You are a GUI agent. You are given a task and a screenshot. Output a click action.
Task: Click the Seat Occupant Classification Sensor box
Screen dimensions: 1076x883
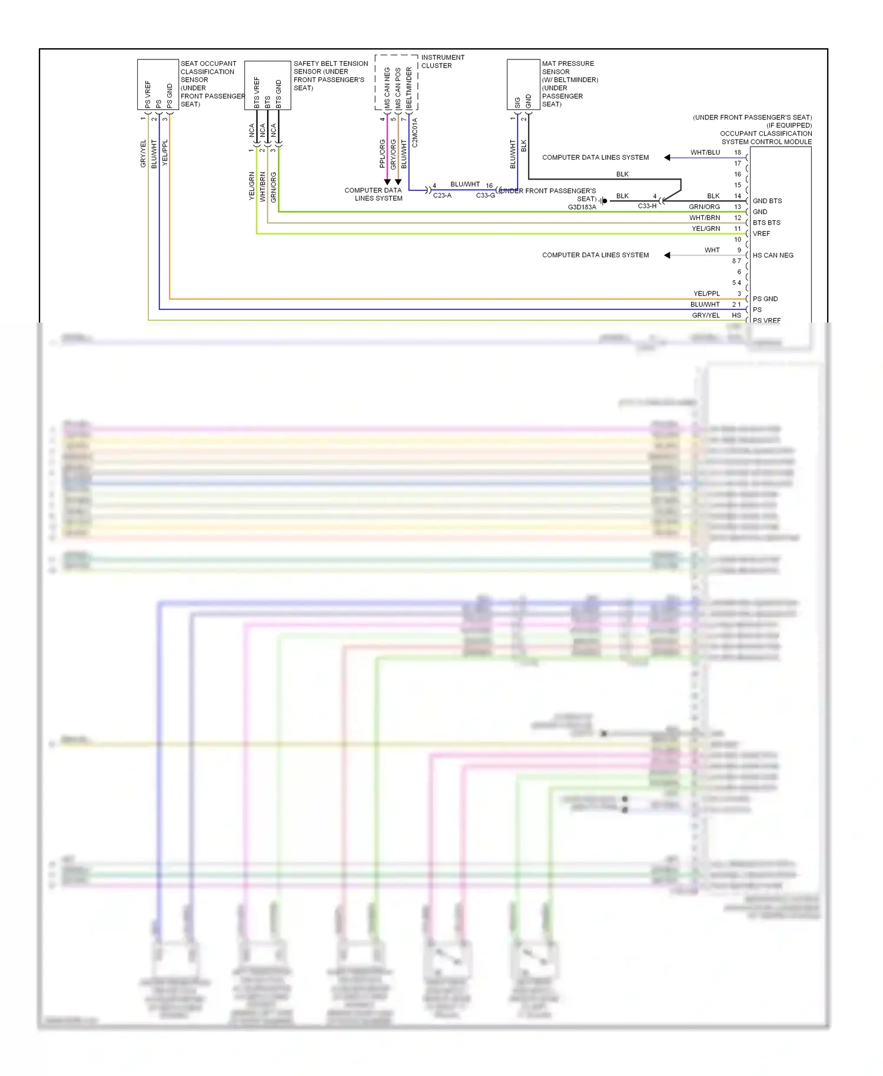pyautogui.click(x=158, y=84)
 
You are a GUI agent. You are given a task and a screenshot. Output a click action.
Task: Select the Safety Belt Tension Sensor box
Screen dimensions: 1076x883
pyautogui.click(x=267, y=85)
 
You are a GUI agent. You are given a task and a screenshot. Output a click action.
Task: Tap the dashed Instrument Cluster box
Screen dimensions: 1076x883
pyautogui.click(x=396, y=82)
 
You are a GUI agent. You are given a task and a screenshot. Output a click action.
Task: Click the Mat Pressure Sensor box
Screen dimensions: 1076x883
pyautogui.click(x=523, y=84)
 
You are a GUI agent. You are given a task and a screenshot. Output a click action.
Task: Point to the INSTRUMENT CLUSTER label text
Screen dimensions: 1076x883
pyautogui.click(x=442, y=61)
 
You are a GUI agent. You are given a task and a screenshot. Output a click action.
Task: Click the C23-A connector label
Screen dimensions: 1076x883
pyautogui.click(x=442, y=195)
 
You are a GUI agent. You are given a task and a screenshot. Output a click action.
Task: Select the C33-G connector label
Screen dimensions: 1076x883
pyautogui.click(x=485, y=195)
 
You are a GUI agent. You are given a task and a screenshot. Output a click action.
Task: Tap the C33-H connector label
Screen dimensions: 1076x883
pyautogui.click(x=647, y=206)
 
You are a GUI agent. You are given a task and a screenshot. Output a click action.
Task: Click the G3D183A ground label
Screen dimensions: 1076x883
pyautogui.click(x=582, y=207)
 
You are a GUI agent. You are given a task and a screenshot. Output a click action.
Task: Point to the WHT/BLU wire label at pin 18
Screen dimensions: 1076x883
pyautogui.click(x=705, y=152)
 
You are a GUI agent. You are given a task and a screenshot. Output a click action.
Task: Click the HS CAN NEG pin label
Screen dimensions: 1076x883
pyautogui.click(x=772, y=255)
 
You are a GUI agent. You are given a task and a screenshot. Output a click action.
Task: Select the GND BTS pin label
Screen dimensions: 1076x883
pyautogui.click(x=767, y=201)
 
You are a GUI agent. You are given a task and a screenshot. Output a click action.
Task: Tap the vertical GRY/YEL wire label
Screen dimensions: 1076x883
pyautogui.click(x=143, y=154)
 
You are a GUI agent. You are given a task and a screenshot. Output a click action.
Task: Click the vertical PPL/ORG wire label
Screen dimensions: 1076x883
pyautogui.click(x=383, y=154)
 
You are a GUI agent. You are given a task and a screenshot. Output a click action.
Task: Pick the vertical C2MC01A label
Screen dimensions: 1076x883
pyautogui.click(x=415, y=132)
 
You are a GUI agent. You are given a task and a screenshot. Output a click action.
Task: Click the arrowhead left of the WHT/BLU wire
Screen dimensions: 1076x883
pyautogui.click(x=667, y=157)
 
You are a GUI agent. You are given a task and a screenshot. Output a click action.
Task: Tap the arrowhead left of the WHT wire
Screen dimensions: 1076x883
pyautogui.click(x=667, y=255)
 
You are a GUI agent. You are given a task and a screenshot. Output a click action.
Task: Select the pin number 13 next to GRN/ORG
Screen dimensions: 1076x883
pyautogui.click(x=737, y=207)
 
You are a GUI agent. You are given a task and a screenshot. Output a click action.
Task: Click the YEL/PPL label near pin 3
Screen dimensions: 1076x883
pyautogui.click(x=706, y=294)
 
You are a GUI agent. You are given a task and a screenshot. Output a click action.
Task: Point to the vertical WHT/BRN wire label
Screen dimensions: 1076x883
pyautogui.click(x=263, y=187)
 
